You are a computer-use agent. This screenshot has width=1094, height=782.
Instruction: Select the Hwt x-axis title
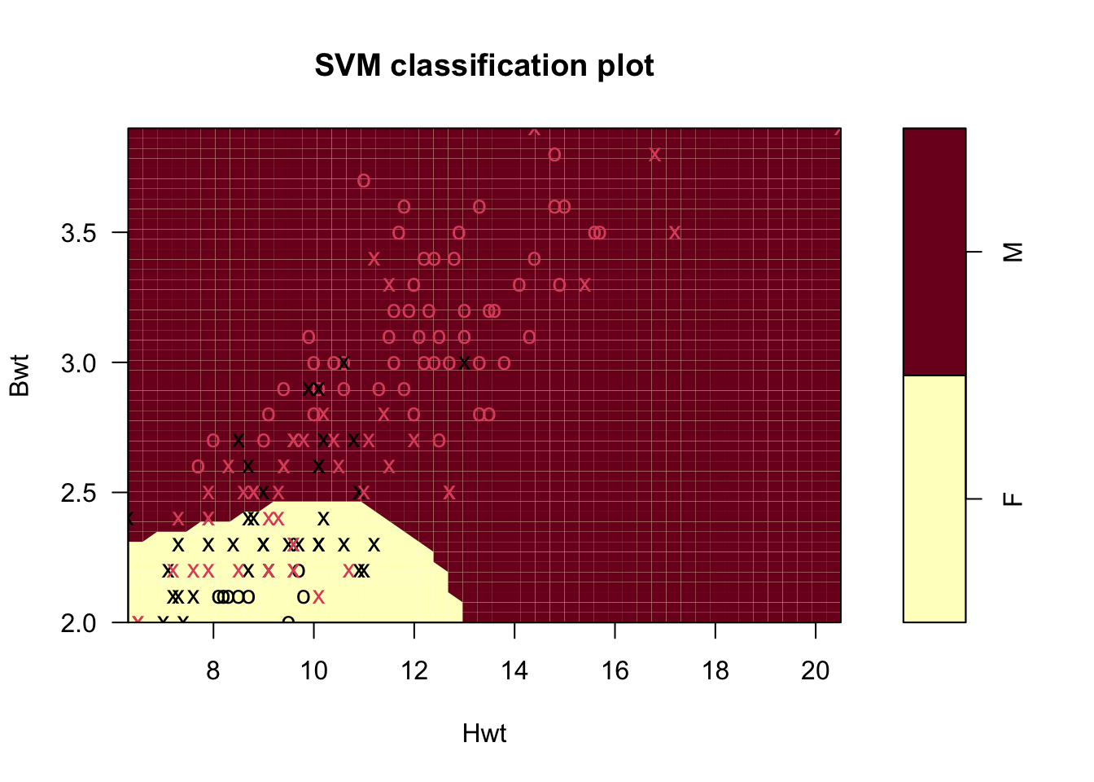coord(484,734)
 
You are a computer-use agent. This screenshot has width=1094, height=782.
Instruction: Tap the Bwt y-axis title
coord(19,375)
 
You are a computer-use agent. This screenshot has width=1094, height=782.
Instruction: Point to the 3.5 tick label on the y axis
coord(79,233)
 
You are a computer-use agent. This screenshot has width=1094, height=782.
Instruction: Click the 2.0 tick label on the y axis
coord(79,623)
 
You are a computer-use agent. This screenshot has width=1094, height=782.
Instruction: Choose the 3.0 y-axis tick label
coord(79,362)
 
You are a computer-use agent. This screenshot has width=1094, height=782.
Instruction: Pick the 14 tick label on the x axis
coord(514,670)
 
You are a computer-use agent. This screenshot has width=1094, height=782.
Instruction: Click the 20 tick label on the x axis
coord(816,670)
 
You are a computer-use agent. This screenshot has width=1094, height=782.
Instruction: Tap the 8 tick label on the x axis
coord(213,670)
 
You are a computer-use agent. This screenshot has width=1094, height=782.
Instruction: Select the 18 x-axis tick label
coord(715,670)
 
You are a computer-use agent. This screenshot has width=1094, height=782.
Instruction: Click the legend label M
coord(1013,252)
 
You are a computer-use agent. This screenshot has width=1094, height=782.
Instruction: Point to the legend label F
coord(1013,499)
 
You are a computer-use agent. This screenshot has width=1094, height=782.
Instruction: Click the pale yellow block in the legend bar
coord(934,499)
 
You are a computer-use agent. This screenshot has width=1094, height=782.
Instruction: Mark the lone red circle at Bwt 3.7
coord(364,181)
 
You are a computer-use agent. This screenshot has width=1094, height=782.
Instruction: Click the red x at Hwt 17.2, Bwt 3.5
coord(675,233)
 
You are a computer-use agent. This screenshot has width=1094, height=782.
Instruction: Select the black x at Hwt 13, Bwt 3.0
coord(464,362)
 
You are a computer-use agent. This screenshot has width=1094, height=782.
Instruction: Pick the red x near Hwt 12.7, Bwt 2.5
coord(449,492)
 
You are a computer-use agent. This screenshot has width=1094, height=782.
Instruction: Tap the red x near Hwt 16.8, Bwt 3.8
coord(654,155)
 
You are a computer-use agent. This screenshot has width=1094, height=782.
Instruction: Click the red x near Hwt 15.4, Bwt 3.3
coord(584,284)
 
